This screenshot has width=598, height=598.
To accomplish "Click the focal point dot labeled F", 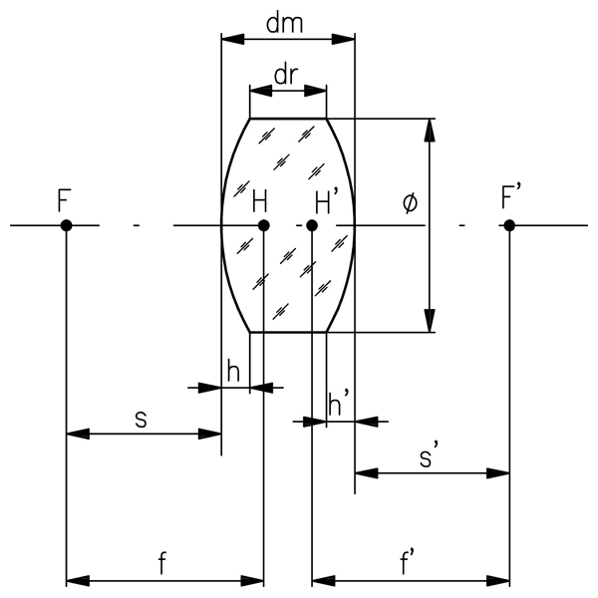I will (66, 226).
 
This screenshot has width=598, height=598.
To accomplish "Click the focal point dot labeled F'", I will (509, 226).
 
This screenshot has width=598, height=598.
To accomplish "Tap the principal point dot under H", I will (263, 226).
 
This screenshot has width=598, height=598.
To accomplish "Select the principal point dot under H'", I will (312, 226).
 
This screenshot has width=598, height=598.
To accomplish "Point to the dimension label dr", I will (287, 75).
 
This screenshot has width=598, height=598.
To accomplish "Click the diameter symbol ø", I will (409, 203).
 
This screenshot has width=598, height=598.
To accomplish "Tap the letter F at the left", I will (65, 199).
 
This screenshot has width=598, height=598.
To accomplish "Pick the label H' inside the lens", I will (328, 203).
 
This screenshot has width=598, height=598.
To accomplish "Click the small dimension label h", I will (233, 370).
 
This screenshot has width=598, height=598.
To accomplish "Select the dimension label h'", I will (340, 404).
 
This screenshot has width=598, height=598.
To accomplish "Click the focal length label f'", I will (409, 563).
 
